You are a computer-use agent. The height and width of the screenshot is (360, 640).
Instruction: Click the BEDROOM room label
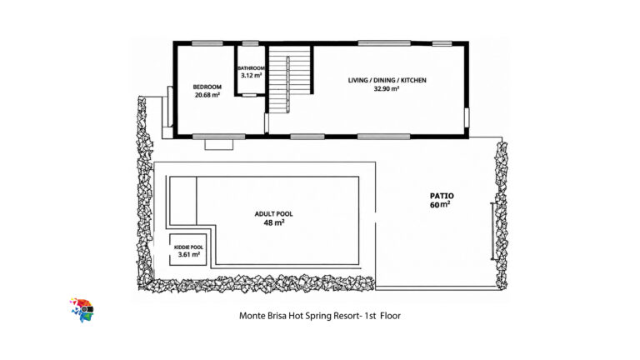207,87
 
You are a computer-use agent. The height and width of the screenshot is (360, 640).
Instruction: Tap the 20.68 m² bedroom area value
207,95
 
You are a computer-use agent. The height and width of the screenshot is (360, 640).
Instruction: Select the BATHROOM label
251,68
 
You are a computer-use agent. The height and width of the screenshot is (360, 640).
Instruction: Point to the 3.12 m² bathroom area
251,76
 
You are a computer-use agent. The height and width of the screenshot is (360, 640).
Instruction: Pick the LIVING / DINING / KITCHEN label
387,80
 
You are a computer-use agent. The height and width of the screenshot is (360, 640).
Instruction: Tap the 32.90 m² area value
387,88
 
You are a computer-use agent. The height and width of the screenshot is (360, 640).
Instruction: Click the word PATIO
442,196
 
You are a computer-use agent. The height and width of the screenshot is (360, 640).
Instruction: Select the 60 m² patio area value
440,204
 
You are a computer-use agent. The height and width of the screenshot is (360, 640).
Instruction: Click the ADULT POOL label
273,214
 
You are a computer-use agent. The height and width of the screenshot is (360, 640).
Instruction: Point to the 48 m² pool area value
274,222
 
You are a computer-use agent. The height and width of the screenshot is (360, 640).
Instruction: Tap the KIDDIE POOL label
188,247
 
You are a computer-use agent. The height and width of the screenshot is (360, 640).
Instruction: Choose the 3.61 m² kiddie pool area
189,255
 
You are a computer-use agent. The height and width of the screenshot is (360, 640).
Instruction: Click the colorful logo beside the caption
82,310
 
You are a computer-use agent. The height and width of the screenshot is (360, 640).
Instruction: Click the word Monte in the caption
250,316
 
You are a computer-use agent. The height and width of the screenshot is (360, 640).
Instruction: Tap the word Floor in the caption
391,316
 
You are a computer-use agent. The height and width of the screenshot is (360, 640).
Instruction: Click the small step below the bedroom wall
219,144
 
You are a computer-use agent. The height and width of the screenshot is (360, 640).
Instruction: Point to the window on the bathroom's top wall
250,43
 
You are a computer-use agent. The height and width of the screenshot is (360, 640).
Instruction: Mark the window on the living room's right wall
467,117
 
